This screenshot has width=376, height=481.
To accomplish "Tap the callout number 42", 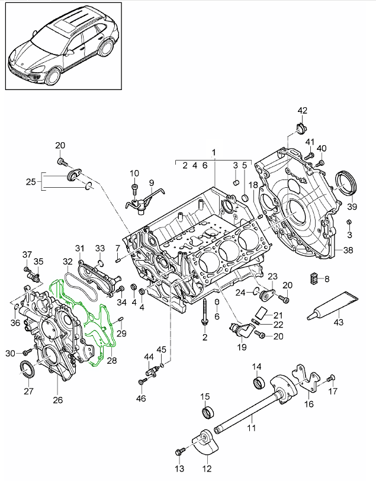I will pyautogui.click(x=303, y=111).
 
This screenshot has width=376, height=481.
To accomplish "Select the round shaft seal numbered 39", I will pyautogui.click(x=347, y=182).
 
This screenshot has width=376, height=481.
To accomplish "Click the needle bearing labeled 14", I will pyautogui.click(x=258, y=383).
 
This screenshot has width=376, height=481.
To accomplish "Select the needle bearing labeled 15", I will pyautogui.click(x=207, y=412).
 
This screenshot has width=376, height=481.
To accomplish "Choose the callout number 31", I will pyautogui.click(x=81, y=248).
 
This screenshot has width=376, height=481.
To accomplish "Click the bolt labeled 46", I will pyautogui.click(x=142, y=381).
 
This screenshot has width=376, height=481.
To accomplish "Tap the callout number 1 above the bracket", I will pyautogui.click(x=214, y=152).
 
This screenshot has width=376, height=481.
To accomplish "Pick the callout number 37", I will pyautogui.click(x=27, y=255).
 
